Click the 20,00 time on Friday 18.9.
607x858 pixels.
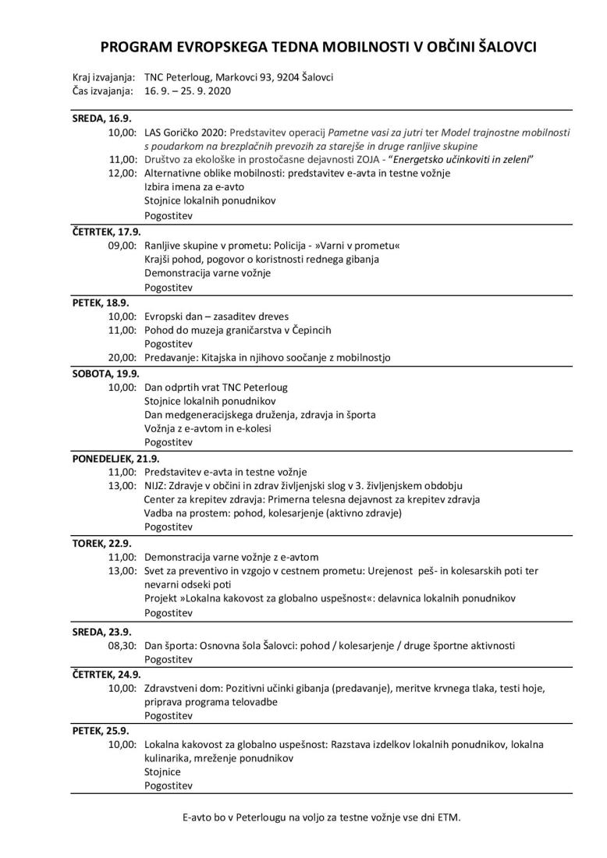tap(123, 358)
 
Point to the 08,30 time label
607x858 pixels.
tap(123, 646)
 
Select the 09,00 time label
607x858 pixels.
tap(123, 246)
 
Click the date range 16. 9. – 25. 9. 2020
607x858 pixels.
tap(188, 91)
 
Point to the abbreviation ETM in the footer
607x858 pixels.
tap(448, 817)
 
